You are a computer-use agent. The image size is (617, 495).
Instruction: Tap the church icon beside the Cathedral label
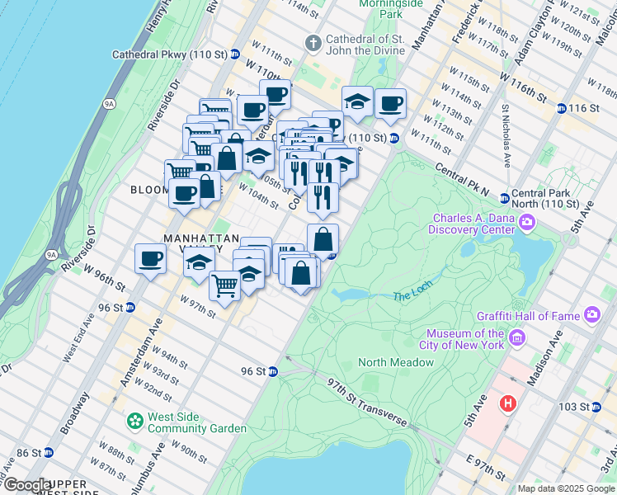(x=313, y=41)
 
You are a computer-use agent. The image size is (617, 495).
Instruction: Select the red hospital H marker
(x=507, y=404)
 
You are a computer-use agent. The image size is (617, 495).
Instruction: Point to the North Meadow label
(x=396, y=363)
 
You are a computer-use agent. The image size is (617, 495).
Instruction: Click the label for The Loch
(x=412, y=295)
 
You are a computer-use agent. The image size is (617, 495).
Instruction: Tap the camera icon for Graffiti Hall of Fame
(x=592, y=314)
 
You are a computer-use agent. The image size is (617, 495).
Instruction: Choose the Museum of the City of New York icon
(x=517, y=338)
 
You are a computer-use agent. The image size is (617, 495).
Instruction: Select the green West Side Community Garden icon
(x=134, y=422)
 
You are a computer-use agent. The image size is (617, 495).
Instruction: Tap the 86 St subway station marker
(x=48, y=452)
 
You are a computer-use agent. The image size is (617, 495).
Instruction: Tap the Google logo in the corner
(x=26, y=485)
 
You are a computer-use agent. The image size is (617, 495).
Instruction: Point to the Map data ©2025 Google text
(x=565, y=488)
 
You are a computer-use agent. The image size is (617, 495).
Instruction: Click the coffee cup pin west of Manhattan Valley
(x=150, y=258)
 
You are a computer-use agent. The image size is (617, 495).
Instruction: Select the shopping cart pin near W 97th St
(x=224, y=285)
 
